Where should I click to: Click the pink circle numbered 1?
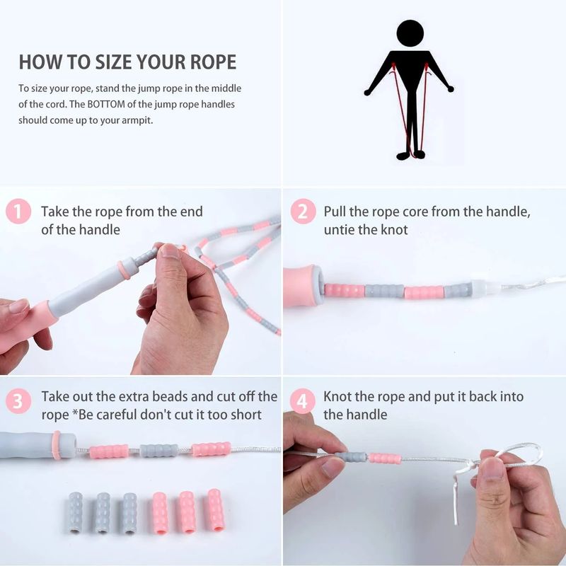[18, 211]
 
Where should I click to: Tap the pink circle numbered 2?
[303, 211]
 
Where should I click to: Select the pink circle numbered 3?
[18, 400]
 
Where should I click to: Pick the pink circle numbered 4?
[303, 400]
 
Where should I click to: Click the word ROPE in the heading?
[213, 62]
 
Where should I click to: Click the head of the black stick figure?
[410, 33]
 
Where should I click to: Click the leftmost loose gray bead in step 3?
[76, 512]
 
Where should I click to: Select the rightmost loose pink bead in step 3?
[216, 510]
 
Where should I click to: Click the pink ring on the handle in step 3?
[57, 445]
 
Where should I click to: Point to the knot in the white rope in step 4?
[469, 466]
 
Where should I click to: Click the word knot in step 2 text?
[393, 229]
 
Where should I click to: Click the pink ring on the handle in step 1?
[125, 270]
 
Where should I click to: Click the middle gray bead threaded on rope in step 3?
[158, 450]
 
